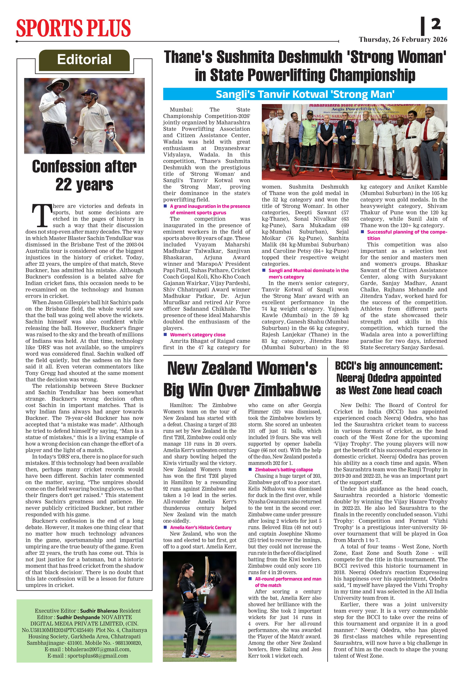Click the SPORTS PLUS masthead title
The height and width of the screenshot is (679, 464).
coord(73,28)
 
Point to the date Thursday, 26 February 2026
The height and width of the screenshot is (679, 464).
coord(403,40)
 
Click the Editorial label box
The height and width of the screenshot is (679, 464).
coord(84,60)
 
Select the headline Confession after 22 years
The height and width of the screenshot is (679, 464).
coord(84,176)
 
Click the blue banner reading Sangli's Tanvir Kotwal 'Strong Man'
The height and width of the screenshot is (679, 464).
coord(305,94)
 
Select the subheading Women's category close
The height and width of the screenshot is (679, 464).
coord(198,335)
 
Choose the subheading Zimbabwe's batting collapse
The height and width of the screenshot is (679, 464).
coord(284,470)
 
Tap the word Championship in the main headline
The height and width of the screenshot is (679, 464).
coord(372,75)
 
